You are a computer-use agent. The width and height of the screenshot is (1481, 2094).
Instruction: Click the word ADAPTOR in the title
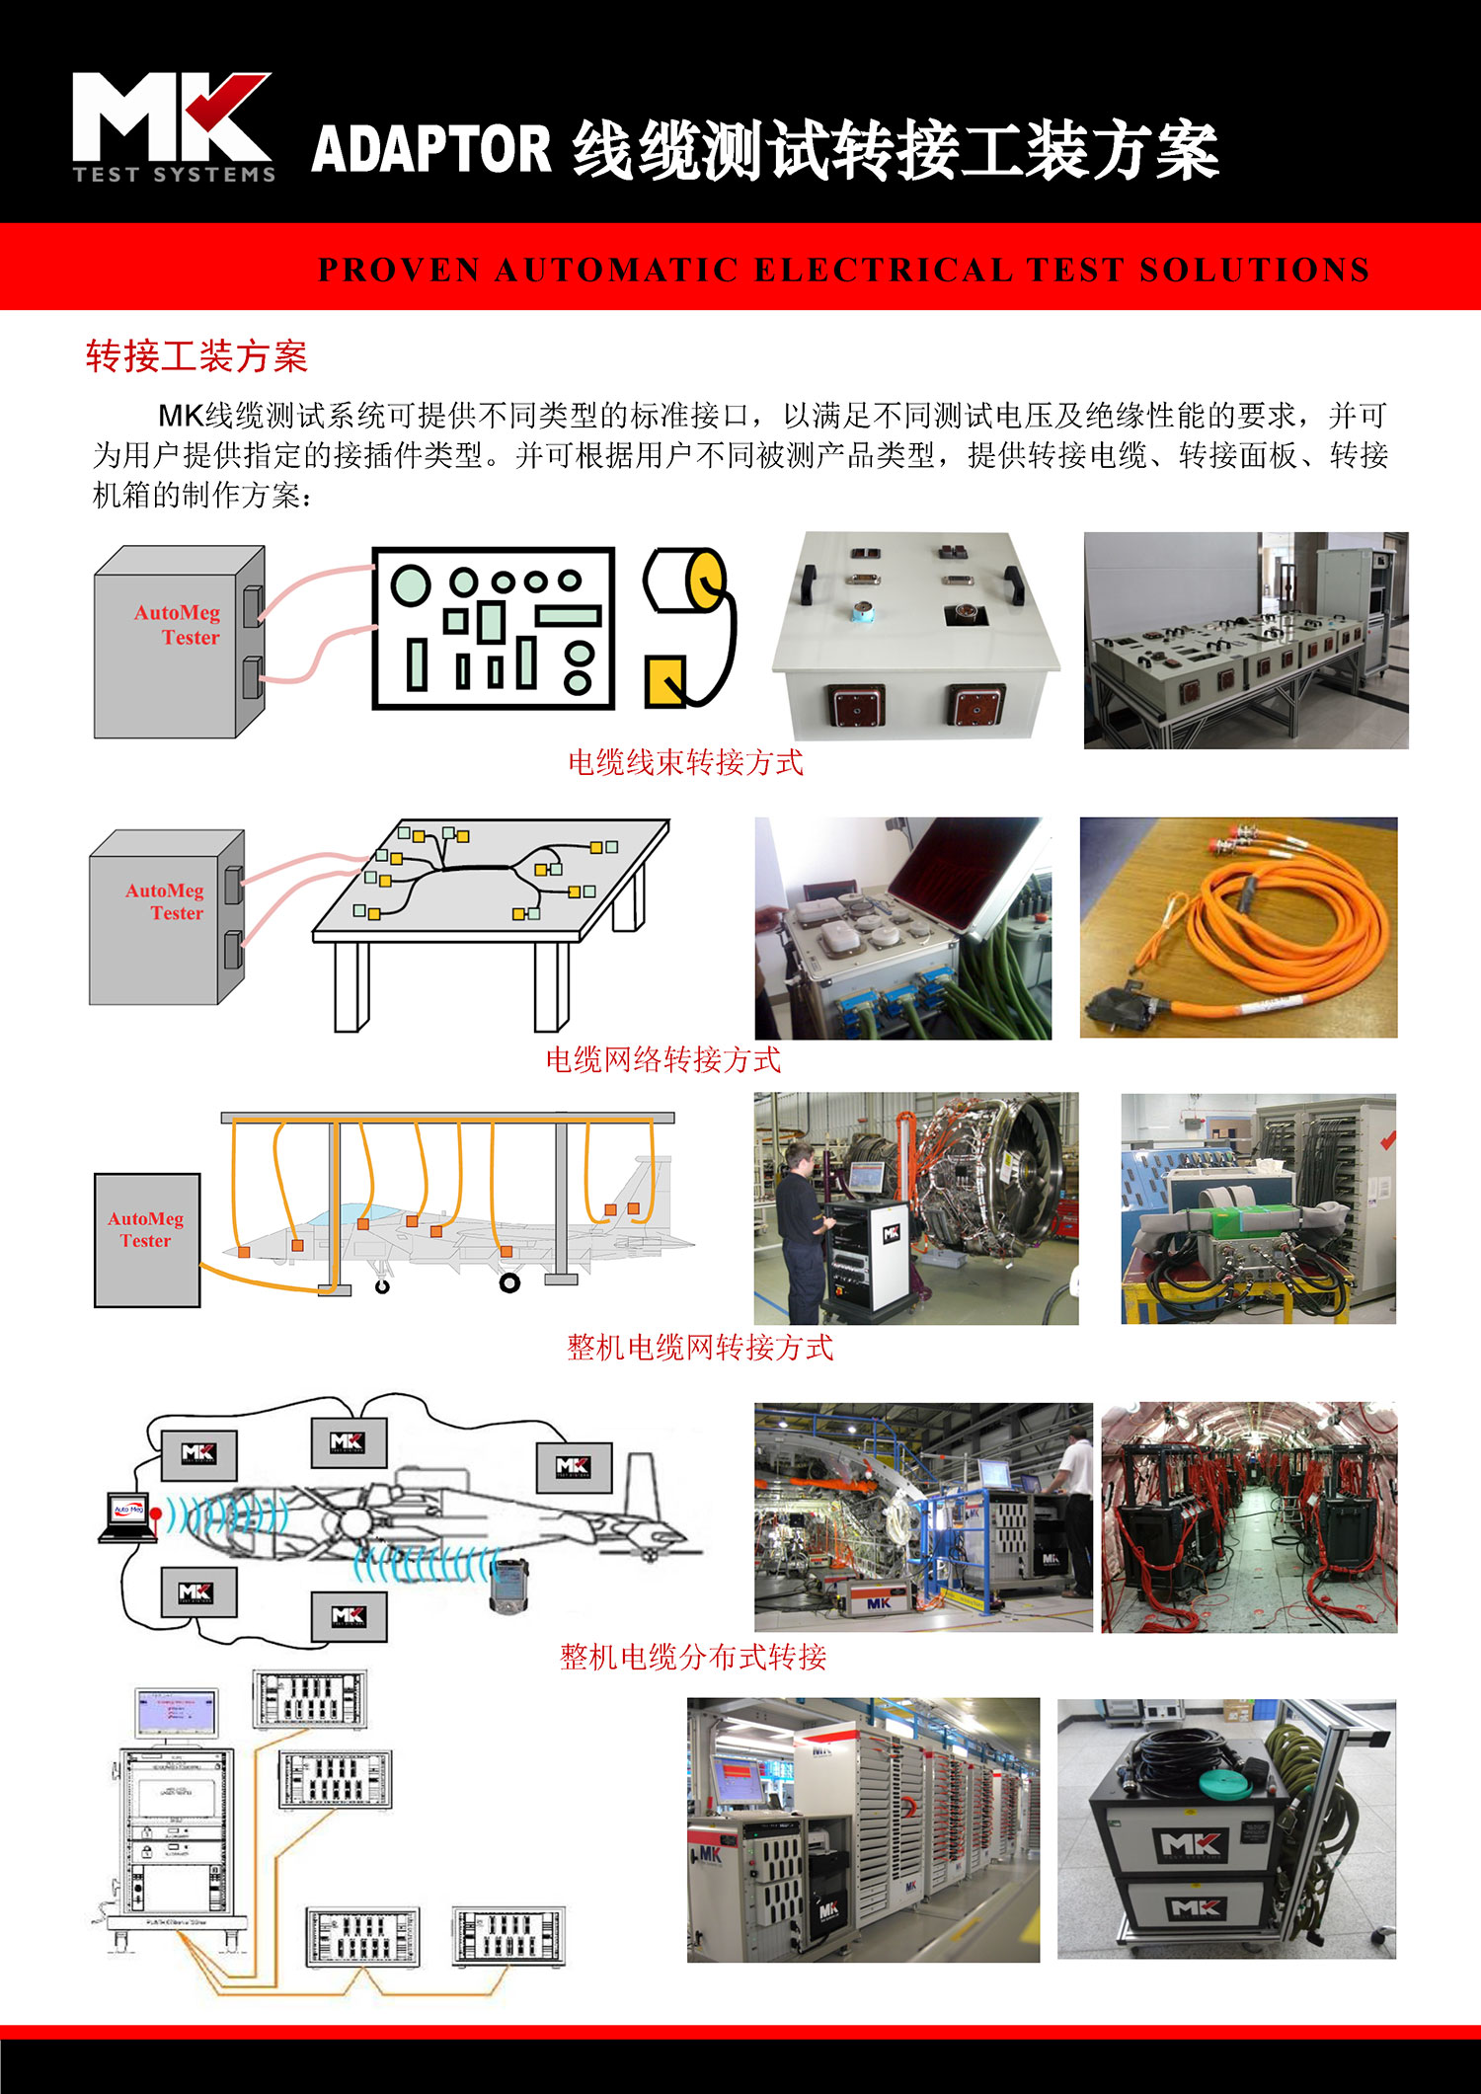click(x=431, y=150)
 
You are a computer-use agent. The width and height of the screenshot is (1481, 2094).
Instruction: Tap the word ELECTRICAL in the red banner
click(x=883, y=270)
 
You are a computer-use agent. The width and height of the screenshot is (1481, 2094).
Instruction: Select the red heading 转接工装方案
click(x=196, y=356)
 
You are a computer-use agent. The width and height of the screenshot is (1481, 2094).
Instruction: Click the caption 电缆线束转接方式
click(x=685, y=762)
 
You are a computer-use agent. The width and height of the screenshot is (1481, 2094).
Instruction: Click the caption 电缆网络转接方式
click(x=663, y=1059)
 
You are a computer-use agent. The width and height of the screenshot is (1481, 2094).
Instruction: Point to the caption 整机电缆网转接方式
click(x=699, y=1347)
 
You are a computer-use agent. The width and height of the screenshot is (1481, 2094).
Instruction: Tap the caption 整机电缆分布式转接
click(x=693, y=1656)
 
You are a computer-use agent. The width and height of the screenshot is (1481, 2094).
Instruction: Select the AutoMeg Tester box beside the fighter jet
click(x=147, y=1240)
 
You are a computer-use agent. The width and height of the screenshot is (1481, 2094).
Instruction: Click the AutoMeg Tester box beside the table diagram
click(x=166, y=917)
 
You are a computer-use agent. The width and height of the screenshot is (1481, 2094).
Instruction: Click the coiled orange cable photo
click(x=1238, y=927)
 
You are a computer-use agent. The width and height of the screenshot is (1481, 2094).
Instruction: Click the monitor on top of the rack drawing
click(x=176, y=1713)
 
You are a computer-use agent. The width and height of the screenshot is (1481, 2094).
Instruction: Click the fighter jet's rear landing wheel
click(x=509, y=1282)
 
